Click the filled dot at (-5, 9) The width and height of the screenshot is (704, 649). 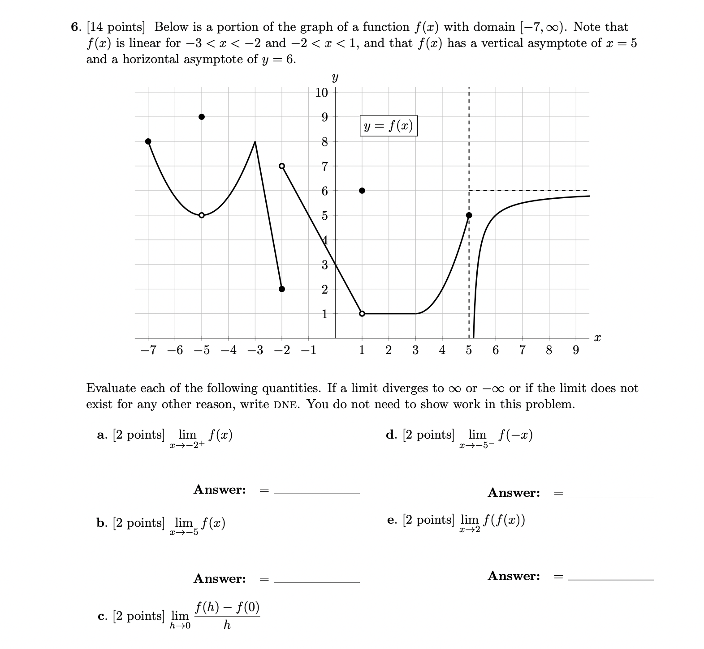pyautogui.click(x=202, y=117)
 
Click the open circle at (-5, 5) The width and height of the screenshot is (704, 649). pyautogui.click(x=202, y=215)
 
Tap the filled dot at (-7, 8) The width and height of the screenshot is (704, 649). pyautogui.click(x=148, y=141)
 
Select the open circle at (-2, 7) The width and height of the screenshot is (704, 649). pyautogui.click(x=282, y=166)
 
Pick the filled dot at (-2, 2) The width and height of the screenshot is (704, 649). pyautogui.click(x=282, y=289)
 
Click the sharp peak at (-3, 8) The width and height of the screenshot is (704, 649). pyautogui.click(x=255, y=142)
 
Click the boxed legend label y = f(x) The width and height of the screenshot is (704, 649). pyautogui.click(x=389, y=126)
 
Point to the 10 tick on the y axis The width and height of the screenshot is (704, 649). pyautogui.click(x=322, y=93)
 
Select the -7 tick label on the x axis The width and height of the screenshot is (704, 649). pyautogui.click(x=148, y=350)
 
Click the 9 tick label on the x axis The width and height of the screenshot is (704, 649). pyautogui.click(x=576, y=350)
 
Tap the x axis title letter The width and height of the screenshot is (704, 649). pyautogui.click(x=597, y=338)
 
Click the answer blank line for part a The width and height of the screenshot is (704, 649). pyautogui.click(x=316, y=493)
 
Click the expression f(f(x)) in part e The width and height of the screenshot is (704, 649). pyautogui.click(x=504, y=520)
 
